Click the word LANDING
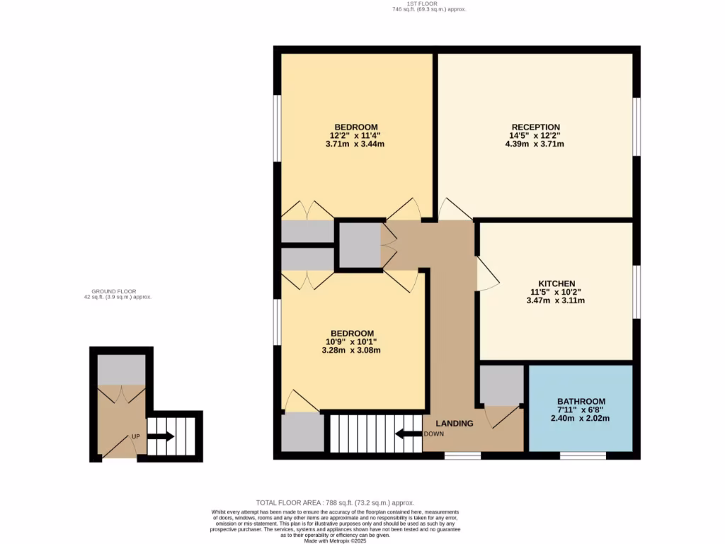point(454,424)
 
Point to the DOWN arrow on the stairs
point(408,433)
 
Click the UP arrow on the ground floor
point(161,436)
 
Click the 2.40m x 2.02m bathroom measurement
point(581,418)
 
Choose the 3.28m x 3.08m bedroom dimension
point(351,350)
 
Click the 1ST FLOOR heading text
point(428,4)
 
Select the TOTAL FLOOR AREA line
point(335,502)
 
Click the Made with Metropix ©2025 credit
point(336,540)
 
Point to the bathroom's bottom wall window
point(583,455)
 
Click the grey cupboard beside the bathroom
point(501,384)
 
